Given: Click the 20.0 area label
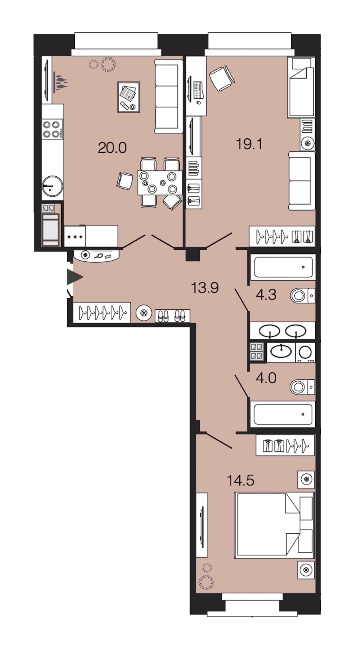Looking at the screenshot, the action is (112, 148).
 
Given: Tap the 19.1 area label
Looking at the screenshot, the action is (249, 144).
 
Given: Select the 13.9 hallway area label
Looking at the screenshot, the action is (205, 288).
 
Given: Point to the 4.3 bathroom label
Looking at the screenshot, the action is (266, 295).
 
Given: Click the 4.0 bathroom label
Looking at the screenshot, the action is (266, 378).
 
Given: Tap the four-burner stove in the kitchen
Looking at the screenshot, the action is (52, 130).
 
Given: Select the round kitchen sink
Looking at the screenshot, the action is (52, 186).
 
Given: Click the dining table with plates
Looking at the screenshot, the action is (160, 183).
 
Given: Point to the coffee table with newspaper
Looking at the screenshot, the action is (129, 97).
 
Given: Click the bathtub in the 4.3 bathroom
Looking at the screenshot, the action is (283, 267).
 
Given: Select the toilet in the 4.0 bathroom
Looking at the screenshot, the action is (302, 387).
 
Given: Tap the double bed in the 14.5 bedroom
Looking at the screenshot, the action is (274, 526).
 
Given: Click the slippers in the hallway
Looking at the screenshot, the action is (172, 316).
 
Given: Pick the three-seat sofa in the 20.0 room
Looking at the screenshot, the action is (168, 96).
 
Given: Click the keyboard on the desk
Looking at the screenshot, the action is (198, 90).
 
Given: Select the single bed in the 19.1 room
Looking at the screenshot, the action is (301, 87).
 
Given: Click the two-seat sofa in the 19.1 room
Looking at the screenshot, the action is (302, 181).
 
